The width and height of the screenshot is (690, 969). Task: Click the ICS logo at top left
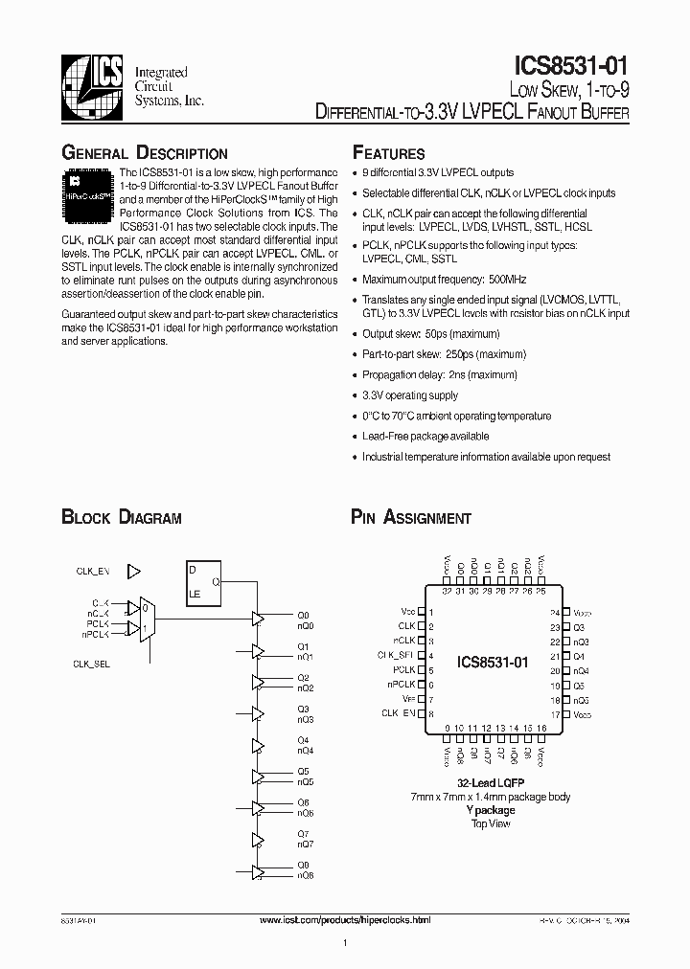(x=93, y=85)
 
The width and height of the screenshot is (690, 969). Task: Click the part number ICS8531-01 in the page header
(x=572, y=67)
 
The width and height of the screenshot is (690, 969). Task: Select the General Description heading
(x=145, y=153)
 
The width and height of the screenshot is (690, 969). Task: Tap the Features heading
(x=388, y=153)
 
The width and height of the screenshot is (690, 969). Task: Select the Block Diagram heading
(x=122, y=518)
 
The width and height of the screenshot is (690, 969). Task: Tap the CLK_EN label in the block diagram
(x=93, y=571)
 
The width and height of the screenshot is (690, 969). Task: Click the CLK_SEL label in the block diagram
(x=92, y=664)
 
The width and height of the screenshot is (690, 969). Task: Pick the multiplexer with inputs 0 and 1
(x=145, y=618)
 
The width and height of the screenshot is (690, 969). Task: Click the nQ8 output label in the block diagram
(x=305, y=875)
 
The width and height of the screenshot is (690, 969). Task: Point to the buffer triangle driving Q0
(x=257, y=619)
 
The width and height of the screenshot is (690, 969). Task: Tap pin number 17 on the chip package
(x=554, y=714)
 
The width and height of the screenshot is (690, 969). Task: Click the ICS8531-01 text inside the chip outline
(x=494, y=663)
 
